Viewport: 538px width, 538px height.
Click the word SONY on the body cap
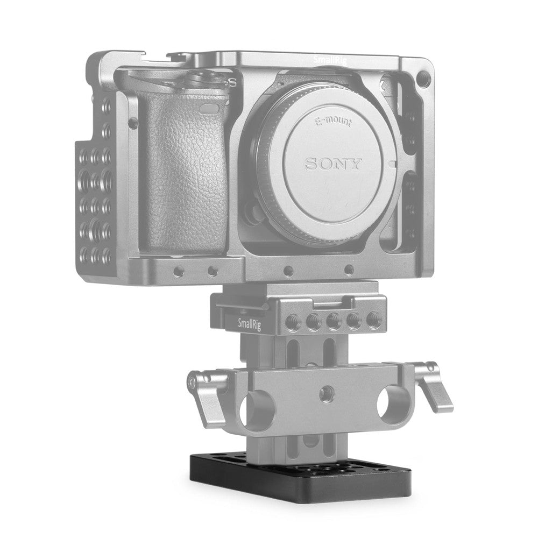pos(334,163)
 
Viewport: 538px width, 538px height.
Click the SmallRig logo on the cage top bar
pos(330,61)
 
